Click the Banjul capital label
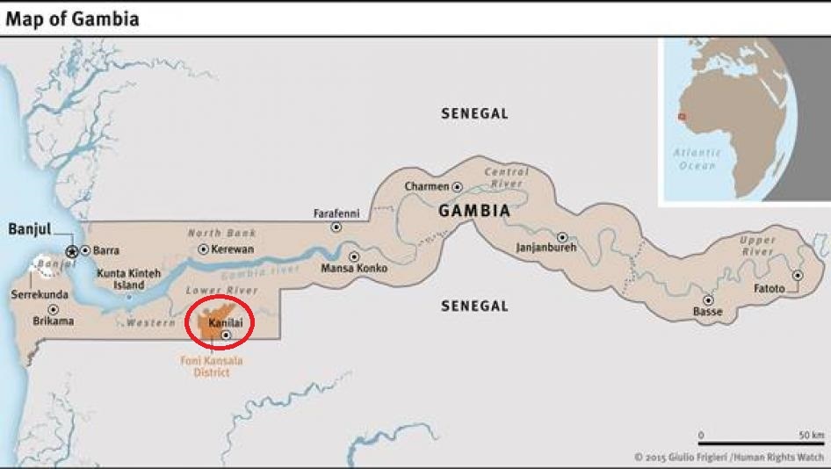point(29,230)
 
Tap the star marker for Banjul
point(72,250)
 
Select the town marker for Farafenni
point(336,227)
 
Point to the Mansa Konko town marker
point(353,256)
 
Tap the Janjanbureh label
point(545,247)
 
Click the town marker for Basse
point(708,299)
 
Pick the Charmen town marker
point(457,187)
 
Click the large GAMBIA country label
point(474,212)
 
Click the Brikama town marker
point(53,309)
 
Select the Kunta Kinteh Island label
point(129,279)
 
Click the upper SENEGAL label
point(474,114)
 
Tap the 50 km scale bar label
point(811,436)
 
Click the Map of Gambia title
point(72,18)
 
